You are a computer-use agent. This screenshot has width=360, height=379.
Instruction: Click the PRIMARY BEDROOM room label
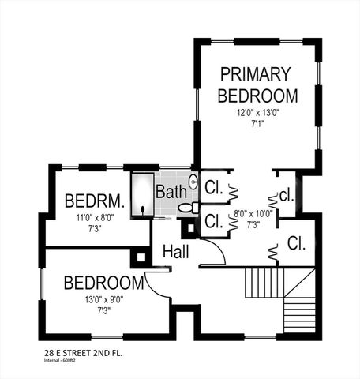(x=257, y=85)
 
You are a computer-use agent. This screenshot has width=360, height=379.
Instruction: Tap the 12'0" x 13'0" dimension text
(x=258, y=113)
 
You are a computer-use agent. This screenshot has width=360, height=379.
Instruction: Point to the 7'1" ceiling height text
(x=258, y=123)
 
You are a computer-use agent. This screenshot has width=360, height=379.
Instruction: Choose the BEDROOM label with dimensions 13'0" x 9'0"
(x=103, y=283)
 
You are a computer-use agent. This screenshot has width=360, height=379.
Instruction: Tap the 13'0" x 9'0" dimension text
(x=103, y=299)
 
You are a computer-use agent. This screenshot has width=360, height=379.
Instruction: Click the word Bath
(x=171, y=192)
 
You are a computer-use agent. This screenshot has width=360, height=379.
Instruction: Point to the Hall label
(x=175, y=251)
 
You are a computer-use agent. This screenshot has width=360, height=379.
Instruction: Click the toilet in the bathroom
(x=187, y=208)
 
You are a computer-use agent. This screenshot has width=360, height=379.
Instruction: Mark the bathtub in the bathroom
(x=142, y=194)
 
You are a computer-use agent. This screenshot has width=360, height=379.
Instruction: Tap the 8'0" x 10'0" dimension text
(x=253, y=213)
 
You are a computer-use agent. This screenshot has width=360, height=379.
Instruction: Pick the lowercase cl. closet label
(x=287, y=194)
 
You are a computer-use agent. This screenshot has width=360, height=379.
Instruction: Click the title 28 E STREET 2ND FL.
(x=83, y=353)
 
